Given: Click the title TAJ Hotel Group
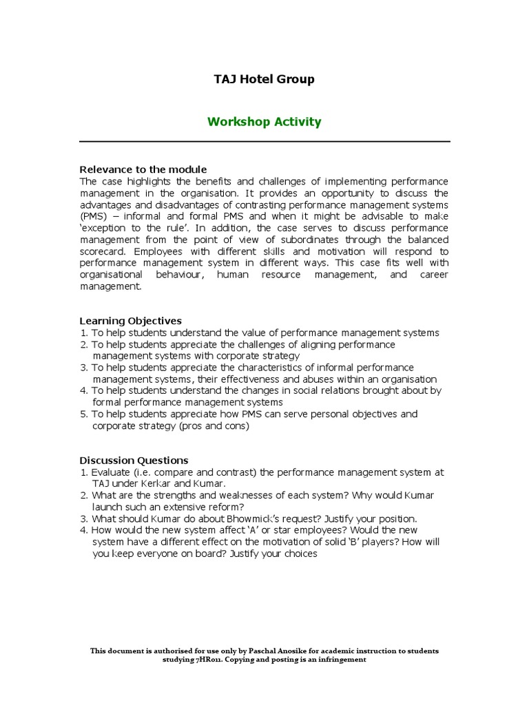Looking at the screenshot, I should click(264, 79).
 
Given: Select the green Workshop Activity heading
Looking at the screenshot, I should click(264, 122).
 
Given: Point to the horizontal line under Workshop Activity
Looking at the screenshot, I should click(264, 141).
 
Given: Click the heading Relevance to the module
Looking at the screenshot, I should click(143, 169).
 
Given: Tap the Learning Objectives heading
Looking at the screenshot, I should click(131, 321).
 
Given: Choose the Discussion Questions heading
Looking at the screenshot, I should click(134, 460).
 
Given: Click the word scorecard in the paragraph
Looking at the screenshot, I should click(102, 251).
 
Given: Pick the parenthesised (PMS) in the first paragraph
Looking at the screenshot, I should click(94, 216).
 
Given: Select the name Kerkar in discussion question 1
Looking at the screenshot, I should click(149, 484).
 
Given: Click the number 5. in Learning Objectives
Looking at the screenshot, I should click(84, 414).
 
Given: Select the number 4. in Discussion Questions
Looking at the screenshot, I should click(84, 530).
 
